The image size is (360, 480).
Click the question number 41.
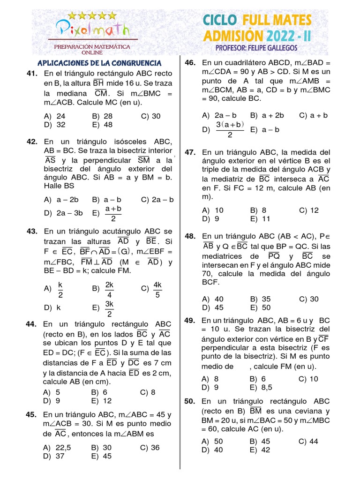32,74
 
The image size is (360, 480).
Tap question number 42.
32,142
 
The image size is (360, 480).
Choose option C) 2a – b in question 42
157,199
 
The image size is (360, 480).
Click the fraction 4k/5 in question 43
157,290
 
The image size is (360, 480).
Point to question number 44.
31,324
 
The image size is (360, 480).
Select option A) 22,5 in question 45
57,447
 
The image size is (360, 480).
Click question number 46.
190,63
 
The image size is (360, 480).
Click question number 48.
190,236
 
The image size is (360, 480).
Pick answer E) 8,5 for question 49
262,387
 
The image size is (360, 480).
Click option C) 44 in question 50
308,441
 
